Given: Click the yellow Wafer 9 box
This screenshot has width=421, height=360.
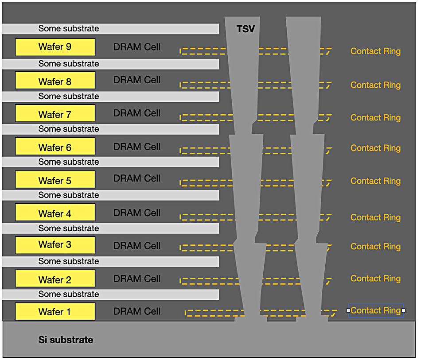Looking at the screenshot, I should pyautogui.click(x=55, y=47).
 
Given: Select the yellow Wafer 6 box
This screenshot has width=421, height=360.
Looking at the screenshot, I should pyautogui.click(x=55, y=146).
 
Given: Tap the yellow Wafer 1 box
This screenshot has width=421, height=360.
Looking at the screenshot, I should pyautogui.click(x=55, y=312).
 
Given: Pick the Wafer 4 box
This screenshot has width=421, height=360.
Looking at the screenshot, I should pyautogui.click(x=55, y=213).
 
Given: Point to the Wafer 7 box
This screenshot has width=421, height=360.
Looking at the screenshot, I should pyautogui.click(x=55, y=113).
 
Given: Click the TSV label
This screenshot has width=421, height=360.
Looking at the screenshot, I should pyautogui.click(x=246, y=29).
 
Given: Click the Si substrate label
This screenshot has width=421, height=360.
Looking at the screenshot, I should pyautogui.click(x=66, y=340).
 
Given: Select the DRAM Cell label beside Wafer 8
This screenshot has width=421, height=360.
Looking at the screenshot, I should pyautogui.click(x=137, y=80).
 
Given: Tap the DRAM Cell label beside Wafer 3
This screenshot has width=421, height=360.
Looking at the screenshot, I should pyautogui.click(x=137, y=246).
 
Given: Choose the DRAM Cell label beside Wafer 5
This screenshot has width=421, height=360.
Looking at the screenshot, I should pyautogui.click(x=137, y=178).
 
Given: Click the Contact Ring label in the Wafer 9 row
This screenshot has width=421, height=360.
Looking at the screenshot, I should pyautogui.click(x=375, y=51).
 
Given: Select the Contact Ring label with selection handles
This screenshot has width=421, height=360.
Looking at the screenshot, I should pyautogui.click(x=375, y=310).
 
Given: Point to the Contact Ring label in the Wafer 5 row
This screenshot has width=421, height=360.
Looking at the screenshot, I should pyautogui.click(x=375, y=181).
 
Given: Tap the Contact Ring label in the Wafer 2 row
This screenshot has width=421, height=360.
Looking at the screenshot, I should pyautogui.click(x=375, y=279).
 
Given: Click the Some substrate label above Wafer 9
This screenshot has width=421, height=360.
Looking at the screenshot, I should pyautogui.click(x=69, y=29).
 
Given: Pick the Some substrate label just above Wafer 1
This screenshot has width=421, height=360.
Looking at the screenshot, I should pyautogui.click(x=69, y=294).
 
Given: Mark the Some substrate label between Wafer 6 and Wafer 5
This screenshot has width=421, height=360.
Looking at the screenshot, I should pyautogui.click(x=69, y=162).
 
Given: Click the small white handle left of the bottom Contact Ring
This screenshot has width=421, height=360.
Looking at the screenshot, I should pyautogui.click(x=348, y=310).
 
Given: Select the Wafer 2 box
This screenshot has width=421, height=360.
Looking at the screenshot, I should pyautogui.click(x=55, y=279).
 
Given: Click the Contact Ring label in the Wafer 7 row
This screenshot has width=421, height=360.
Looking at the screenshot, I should pyautogui.click(x=375, y=118).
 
